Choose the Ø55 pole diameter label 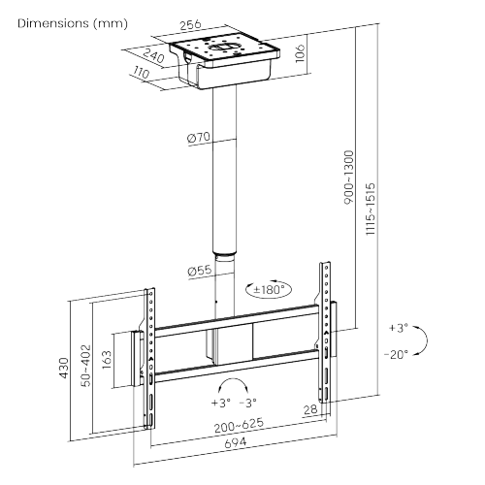coord(199,272)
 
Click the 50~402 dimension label coord(85,366)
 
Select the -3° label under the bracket coord(250,401)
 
